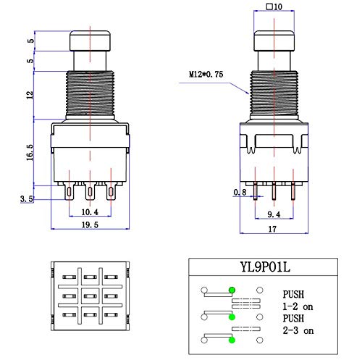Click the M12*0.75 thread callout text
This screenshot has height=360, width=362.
point(206,74)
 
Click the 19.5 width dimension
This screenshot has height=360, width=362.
point(90,225)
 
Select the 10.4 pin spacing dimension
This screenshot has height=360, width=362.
point(90,212)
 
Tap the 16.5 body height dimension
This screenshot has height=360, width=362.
point(30,153)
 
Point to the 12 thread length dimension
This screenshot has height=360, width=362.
point(30,95)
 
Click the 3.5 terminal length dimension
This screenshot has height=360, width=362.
point(27,199)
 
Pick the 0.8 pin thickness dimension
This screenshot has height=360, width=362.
point(240,192)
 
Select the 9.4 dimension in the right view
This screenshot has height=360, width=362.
point(274,214)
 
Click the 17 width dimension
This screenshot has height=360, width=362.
point(272,229)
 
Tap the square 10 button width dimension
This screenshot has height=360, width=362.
point(274,7)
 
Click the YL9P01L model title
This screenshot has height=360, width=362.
point(265,267)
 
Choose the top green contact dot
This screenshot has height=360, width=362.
point(232,290)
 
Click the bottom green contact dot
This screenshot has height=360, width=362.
point(232,340)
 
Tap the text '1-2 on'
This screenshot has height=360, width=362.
point(298,306)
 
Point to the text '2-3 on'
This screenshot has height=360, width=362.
point(298,330)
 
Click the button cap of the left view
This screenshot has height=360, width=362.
point(90,41)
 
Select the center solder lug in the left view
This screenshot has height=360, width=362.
point(90,191)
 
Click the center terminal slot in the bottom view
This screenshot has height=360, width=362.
point(90,296)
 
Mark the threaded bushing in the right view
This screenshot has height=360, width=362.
point(274,93)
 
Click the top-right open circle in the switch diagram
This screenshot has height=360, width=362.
point(260,290)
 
